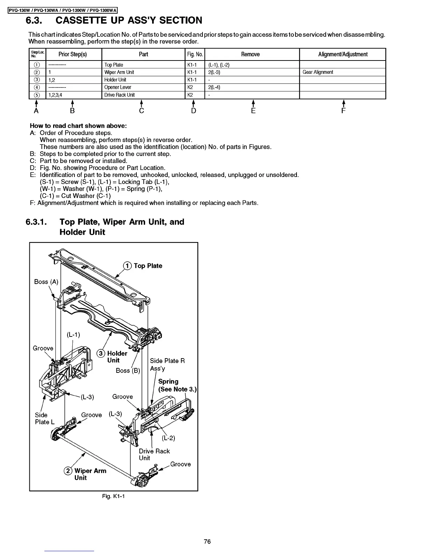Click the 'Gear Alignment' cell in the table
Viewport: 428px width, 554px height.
tap(318, 72)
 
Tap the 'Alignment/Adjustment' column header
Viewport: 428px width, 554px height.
tap(343, 54)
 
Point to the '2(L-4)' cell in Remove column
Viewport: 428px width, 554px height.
tap(214, 87)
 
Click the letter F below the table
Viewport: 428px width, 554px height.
tap(343, 111)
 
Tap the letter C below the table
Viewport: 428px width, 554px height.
tap(141, 111)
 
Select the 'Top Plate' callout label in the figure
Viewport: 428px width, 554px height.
tap(148, 266)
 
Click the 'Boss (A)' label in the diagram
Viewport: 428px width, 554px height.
tap(46, 282)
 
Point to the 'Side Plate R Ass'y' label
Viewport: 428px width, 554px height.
tap(167, 364)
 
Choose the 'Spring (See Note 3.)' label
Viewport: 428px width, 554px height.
tap(177, 385)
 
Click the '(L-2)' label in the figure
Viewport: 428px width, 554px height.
tap(168, 438)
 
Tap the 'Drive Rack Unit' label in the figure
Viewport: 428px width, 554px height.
tap(154, 454)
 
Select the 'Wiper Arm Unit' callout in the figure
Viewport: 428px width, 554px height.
tap(90, 474)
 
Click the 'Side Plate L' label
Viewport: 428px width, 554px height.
tap(44, 418)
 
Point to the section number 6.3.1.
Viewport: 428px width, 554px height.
tap(38, 222)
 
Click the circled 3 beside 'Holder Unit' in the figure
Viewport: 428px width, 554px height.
tap(101, 353)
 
